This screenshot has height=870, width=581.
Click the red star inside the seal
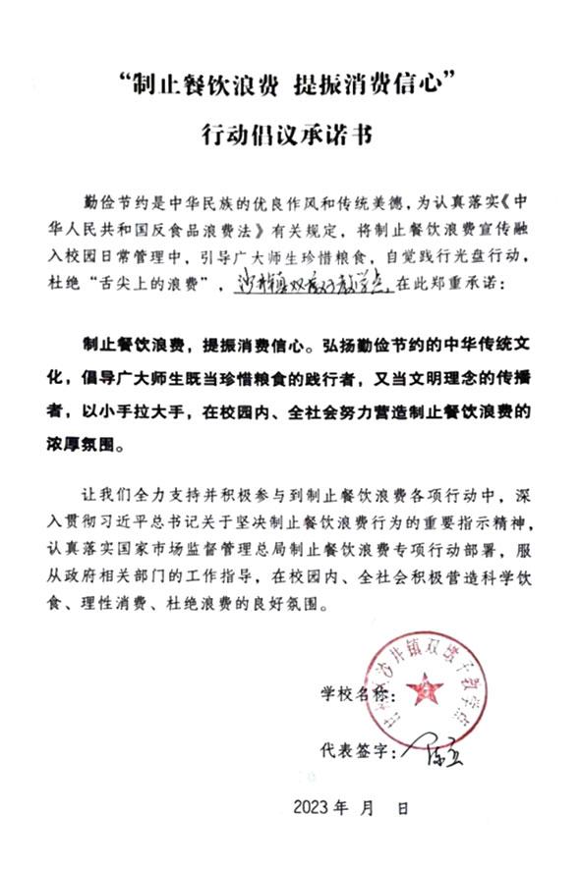[425, 686]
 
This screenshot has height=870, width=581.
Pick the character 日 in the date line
[402, 809]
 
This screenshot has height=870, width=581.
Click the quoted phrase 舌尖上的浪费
[186, 283]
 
